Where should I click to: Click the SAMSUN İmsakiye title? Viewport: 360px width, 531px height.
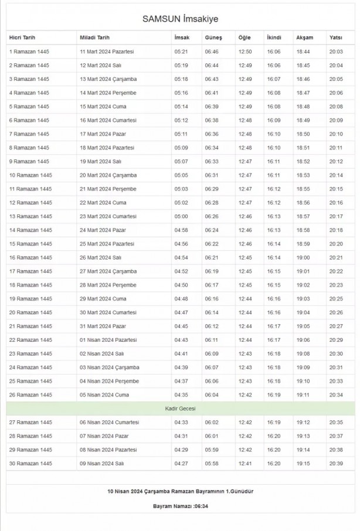[180, 19]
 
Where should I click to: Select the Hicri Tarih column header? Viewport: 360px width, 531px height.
[22, 38]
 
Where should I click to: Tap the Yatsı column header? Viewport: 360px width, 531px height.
[335, 38]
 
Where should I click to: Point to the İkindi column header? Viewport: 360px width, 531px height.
[274, 38]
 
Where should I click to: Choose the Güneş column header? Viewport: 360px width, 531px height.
[213, 38]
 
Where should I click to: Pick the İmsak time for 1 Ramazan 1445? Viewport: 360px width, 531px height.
[181, 52]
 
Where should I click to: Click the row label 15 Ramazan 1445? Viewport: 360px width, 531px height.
[30, 244]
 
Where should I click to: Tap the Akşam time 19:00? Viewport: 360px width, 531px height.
[303, 257]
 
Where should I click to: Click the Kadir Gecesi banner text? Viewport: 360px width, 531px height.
[180, 409]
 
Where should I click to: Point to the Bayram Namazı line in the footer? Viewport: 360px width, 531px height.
[180, 506]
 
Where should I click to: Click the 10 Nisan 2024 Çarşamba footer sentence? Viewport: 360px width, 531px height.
[180, 490]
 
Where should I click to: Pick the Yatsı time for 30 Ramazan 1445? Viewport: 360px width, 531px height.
[336, 464]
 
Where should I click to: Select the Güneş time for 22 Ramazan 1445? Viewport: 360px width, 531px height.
[211, 340]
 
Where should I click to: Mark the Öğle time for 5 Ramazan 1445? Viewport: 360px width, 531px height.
[244, 107]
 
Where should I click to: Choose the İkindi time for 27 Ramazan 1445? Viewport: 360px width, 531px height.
[274, 422]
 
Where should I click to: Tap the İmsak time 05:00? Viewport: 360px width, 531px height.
[181, 216]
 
